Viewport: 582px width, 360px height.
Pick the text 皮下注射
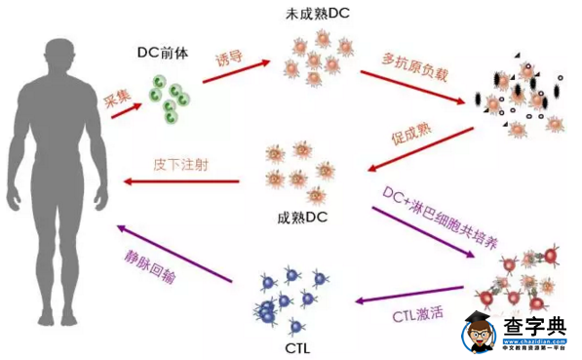(181, 162)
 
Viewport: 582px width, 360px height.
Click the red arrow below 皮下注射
(181, 181)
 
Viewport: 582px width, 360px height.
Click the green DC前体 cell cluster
(170, 95)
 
